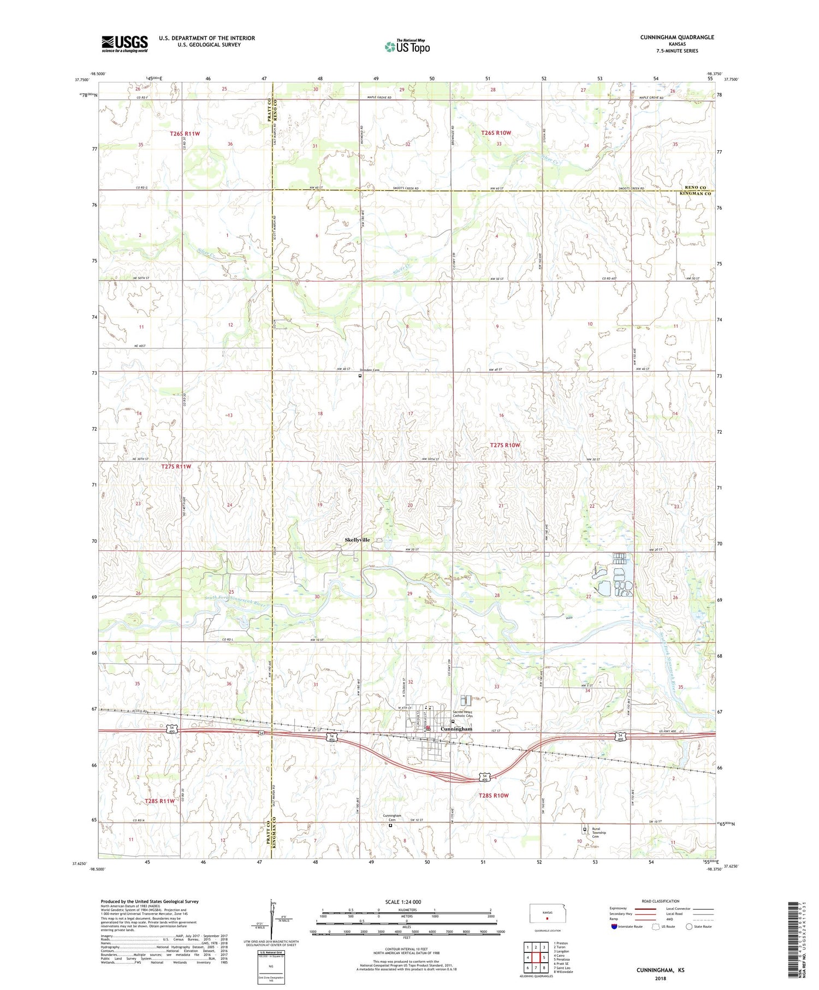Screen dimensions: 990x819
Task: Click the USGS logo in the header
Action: [x=124, y=44]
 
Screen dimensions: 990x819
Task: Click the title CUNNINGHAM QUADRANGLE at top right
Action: [x=677, y=38]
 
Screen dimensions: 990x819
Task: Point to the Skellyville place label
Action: [x=357, y=540]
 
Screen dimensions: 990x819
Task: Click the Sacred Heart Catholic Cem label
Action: [x=465, y=714]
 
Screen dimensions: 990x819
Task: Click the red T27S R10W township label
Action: [x=505, y=445]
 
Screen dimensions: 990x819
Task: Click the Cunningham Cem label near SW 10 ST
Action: [x=391, y=818]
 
